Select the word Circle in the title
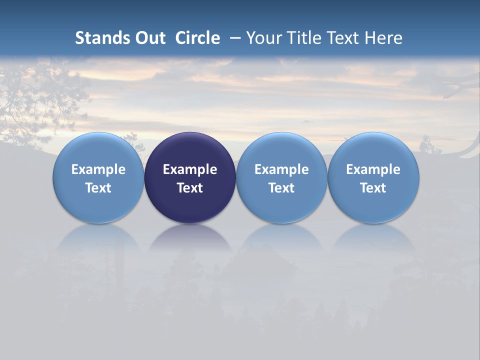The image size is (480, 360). tap(197, 38)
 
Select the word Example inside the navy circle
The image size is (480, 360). tap(190, 169)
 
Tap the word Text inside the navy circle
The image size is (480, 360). tap(190, 188)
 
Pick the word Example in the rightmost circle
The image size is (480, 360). tap(373, 169)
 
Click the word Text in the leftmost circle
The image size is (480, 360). tap(98, 188)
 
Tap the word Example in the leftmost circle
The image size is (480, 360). tap(98, 169)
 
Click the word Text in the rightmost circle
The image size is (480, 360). tap(373, 188)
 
